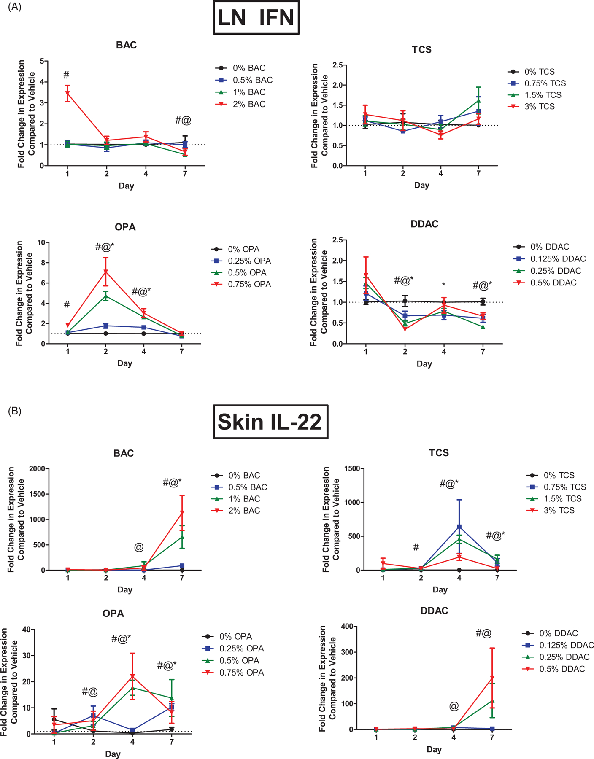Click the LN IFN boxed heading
256,18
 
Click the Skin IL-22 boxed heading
270,422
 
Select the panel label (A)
15,7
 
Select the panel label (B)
15,411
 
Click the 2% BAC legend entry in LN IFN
249,104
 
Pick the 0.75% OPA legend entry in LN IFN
249,285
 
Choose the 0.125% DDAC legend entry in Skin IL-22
566,645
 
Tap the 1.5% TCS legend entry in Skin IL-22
562,499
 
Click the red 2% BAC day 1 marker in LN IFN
67,93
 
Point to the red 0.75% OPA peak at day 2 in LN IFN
106,272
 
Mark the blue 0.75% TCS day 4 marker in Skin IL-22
459,527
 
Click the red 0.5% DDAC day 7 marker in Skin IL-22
492,678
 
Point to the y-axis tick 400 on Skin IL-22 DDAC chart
346,627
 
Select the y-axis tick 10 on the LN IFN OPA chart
41,242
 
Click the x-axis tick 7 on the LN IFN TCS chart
478,173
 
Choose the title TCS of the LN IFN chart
421,50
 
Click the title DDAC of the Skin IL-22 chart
434,611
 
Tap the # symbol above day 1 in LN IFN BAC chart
66,75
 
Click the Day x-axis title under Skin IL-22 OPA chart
113,754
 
